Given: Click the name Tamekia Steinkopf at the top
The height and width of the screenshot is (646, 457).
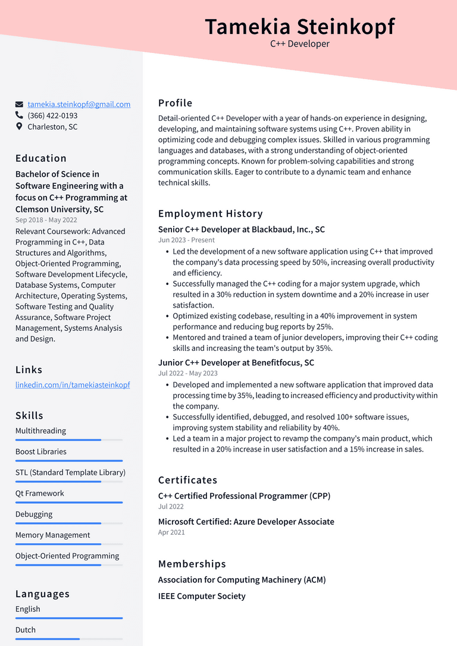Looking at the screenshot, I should coord(299,27).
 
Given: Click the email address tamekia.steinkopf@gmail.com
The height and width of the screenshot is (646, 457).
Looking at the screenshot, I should coord(79,104).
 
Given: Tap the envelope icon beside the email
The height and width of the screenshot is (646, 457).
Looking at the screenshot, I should coord(19,104).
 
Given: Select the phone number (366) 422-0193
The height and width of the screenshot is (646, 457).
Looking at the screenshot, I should coord(52,115).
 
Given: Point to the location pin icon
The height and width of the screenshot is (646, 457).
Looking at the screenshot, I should coord(19,127).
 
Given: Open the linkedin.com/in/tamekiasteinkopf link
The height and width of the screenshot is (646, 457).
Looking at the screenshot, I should coord(73,385).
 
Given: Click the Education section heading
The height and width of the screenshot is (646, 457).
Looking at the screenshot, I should coord(41,158).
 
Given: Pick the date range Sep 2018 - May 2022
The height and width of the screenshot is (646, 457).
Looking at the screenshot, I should coord(46,220).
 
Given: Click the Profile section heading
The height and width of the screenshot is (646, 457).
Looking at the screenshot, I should coord(175,103).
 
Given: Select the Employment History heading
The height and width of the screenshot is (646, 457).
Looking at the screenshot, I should coord(210,214).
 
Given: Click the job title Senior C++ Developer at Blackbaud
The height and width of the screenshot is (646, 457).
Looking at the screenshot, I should coord(242,230).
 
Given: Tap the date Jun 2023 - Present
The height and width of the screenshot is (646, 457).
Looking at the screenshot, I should coord(186,240).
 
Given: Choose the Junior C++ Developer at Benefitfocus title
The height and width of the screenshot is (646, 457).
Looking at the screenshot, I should coord(236,363).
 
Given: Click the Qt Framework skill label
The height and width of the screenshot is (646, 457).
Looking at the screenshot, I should coord(40,493).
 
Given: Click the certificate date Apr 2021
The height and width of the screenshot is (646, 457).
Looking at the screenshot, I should coord(171,532).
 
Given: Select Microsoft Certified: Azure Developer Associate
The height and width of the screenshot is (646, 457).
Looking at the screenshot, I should coord(246,522).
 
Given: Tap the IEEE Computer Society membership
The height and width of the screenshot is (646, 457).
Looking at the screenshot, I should coord(202,596).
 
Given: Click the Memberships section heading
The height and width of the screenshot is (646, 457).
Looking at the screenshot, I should coord(192,564).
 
